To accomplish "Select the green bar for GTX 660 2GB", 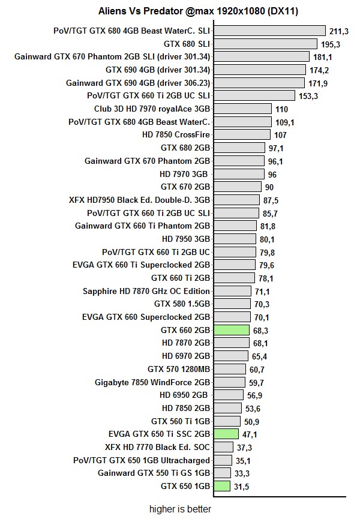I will (x=231, y=330).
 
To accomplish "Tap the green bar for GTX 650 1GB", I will (x=221, y=486).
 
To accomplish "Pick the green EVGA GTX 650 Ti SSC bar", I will (x=226, y=434).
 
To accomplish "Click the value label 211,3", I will (x=338, y=31).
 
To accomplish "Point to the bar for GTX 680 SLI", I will (x=265, y=44).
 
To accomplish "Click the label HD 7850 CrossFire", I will (x=176, y=135).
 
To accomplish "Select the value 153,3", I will (x=308, y=96).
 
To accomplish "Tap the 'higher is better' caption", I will (x=181, y=509).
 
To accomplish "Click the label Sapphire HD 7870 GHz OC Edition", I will (x=146, y=291).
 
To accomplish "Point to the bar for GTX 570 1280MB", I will (x=230, y=369).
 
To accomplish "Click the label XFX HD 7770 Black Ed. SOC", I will (x=158, y=447).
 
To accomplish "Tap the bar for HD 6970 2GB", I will (x=232, y=356).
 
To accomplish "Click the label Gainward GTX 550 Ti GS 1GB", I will (x=154, y=473).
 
